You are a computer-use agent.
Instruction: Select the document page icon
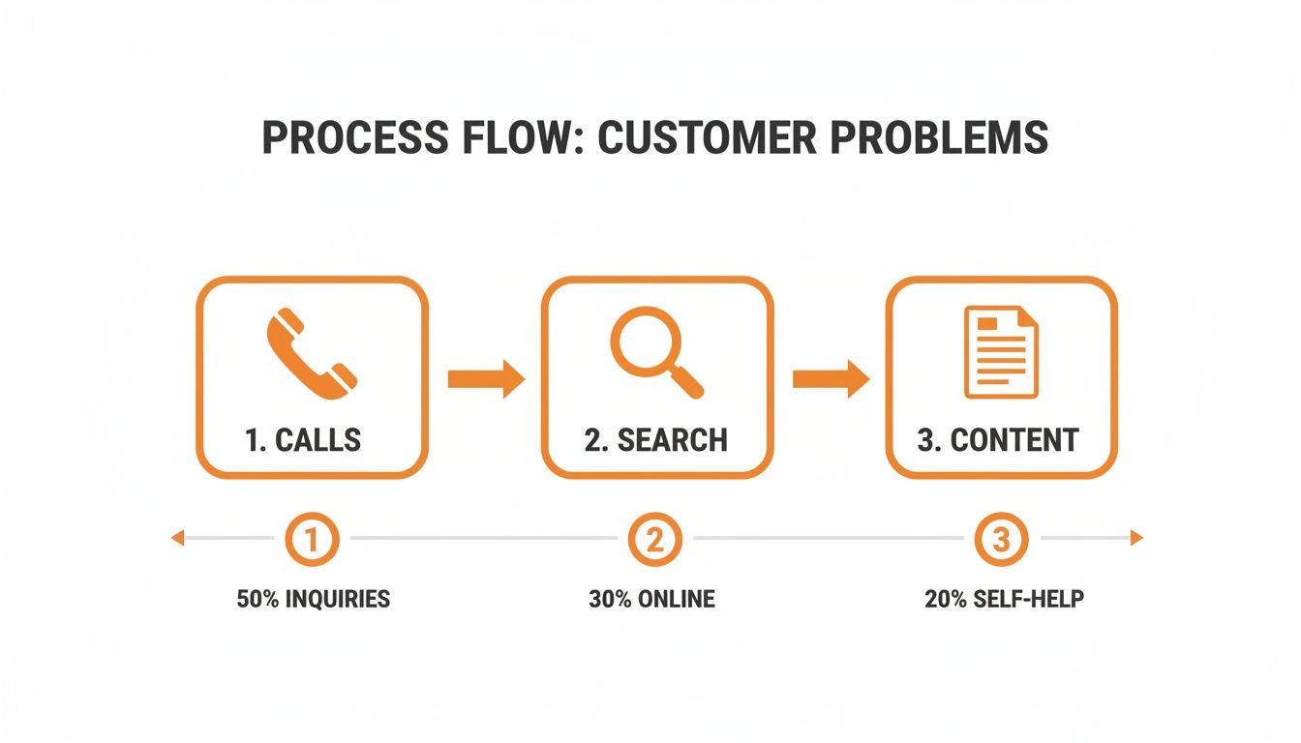click(x=1001, y=351)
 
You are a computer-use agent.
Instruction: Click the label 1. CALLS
click(x=303, y=440)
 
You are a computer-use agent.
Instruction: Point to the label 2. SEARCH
click(x=655, y=440)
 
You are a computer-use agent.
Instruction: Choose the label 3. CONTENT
click(x=997, y=440)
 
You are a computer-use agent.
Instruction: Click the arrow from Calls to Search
click(x=485, y=378)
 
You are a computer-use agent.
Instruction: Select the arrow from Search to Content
click(x=831, y=378)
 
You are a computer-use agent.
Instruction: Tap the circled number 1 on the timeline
click(x=312, y=539)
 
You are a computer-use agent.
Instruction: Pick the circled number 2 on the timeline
click(x=654, y=539)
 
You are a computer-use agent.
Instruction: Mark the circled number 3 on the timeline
click(x=1000, y=539)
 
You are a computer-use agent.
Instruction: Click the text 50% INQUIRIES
click(x=313, y=599)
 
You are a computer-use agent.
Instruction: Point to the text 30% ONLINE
click(x=651, y=599)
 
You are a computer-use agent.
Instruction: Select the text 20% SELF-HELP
click(x=1004, y=599)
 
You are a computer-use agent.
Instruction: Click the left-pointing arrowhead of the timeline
click(x=177, y=538)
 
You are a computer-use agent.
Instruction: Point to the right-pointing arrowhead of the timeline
click(x=1136, y=538)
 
